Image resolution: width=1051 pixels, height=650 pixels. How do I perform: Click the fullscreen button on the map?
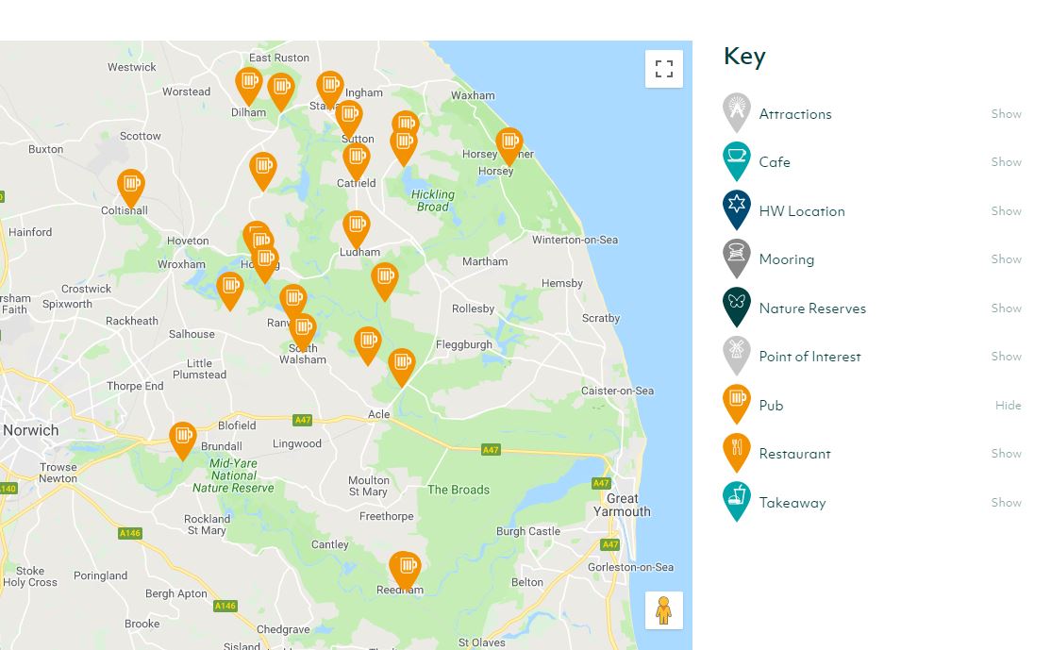[x=663, y=69]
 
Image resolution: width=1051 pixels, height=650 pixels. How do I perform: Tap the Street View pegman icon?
[x=663, y=610]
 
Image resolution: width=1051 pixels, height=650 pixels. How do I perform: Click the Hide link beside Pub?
[x=1008, y=406]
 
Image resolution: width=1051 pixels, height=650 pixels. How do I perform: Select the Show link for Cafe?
[x=1006, y=162]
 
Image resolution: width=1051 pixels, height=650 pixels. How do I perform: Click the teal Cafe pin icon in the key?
[x=737, y=160]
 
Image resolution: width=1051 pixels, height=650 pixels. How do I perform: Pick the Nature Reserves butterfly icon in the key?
[x=737, y=306]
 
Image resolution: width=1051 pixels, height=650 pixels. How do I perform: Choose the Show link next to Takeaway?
[x=1006, y=503]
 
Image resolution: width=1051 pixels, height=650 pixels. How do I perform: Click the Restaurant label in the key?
[x=794, y=454]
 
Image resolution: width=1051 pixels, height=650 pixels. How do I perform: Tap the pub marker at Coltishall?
[x=131, y=186]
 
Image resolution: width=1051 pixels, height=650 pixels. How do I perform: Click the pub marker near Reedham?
[x=405, y=568]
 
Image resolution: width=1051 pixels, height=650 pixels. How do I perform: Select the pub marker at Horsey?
[x=509, y=144]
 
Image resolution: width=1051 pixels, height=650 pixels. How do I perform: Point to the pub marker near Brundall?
[x=183, y=438]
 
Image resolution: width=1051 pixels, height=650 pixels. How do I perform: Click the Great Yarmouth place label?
[x=622, y=505]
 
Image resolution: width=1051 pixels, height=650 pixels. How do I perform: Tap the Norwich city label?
[x=30, y=430]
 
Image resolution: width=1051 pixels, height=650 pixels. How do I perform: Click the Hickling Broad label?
[x=433, y=201]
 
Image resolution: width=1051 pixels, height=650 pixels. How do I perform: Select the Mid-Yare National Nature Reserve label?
[x=233, y=475]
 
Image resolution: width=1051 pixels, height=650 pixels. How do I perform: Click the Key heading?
[x=744, y=57]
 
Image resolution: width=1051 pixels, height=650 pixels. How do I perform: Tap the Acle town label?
[x=378, y=414]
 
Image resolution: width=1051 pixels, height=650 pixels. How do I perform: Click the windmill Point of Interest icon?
[x=737, y=355]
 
